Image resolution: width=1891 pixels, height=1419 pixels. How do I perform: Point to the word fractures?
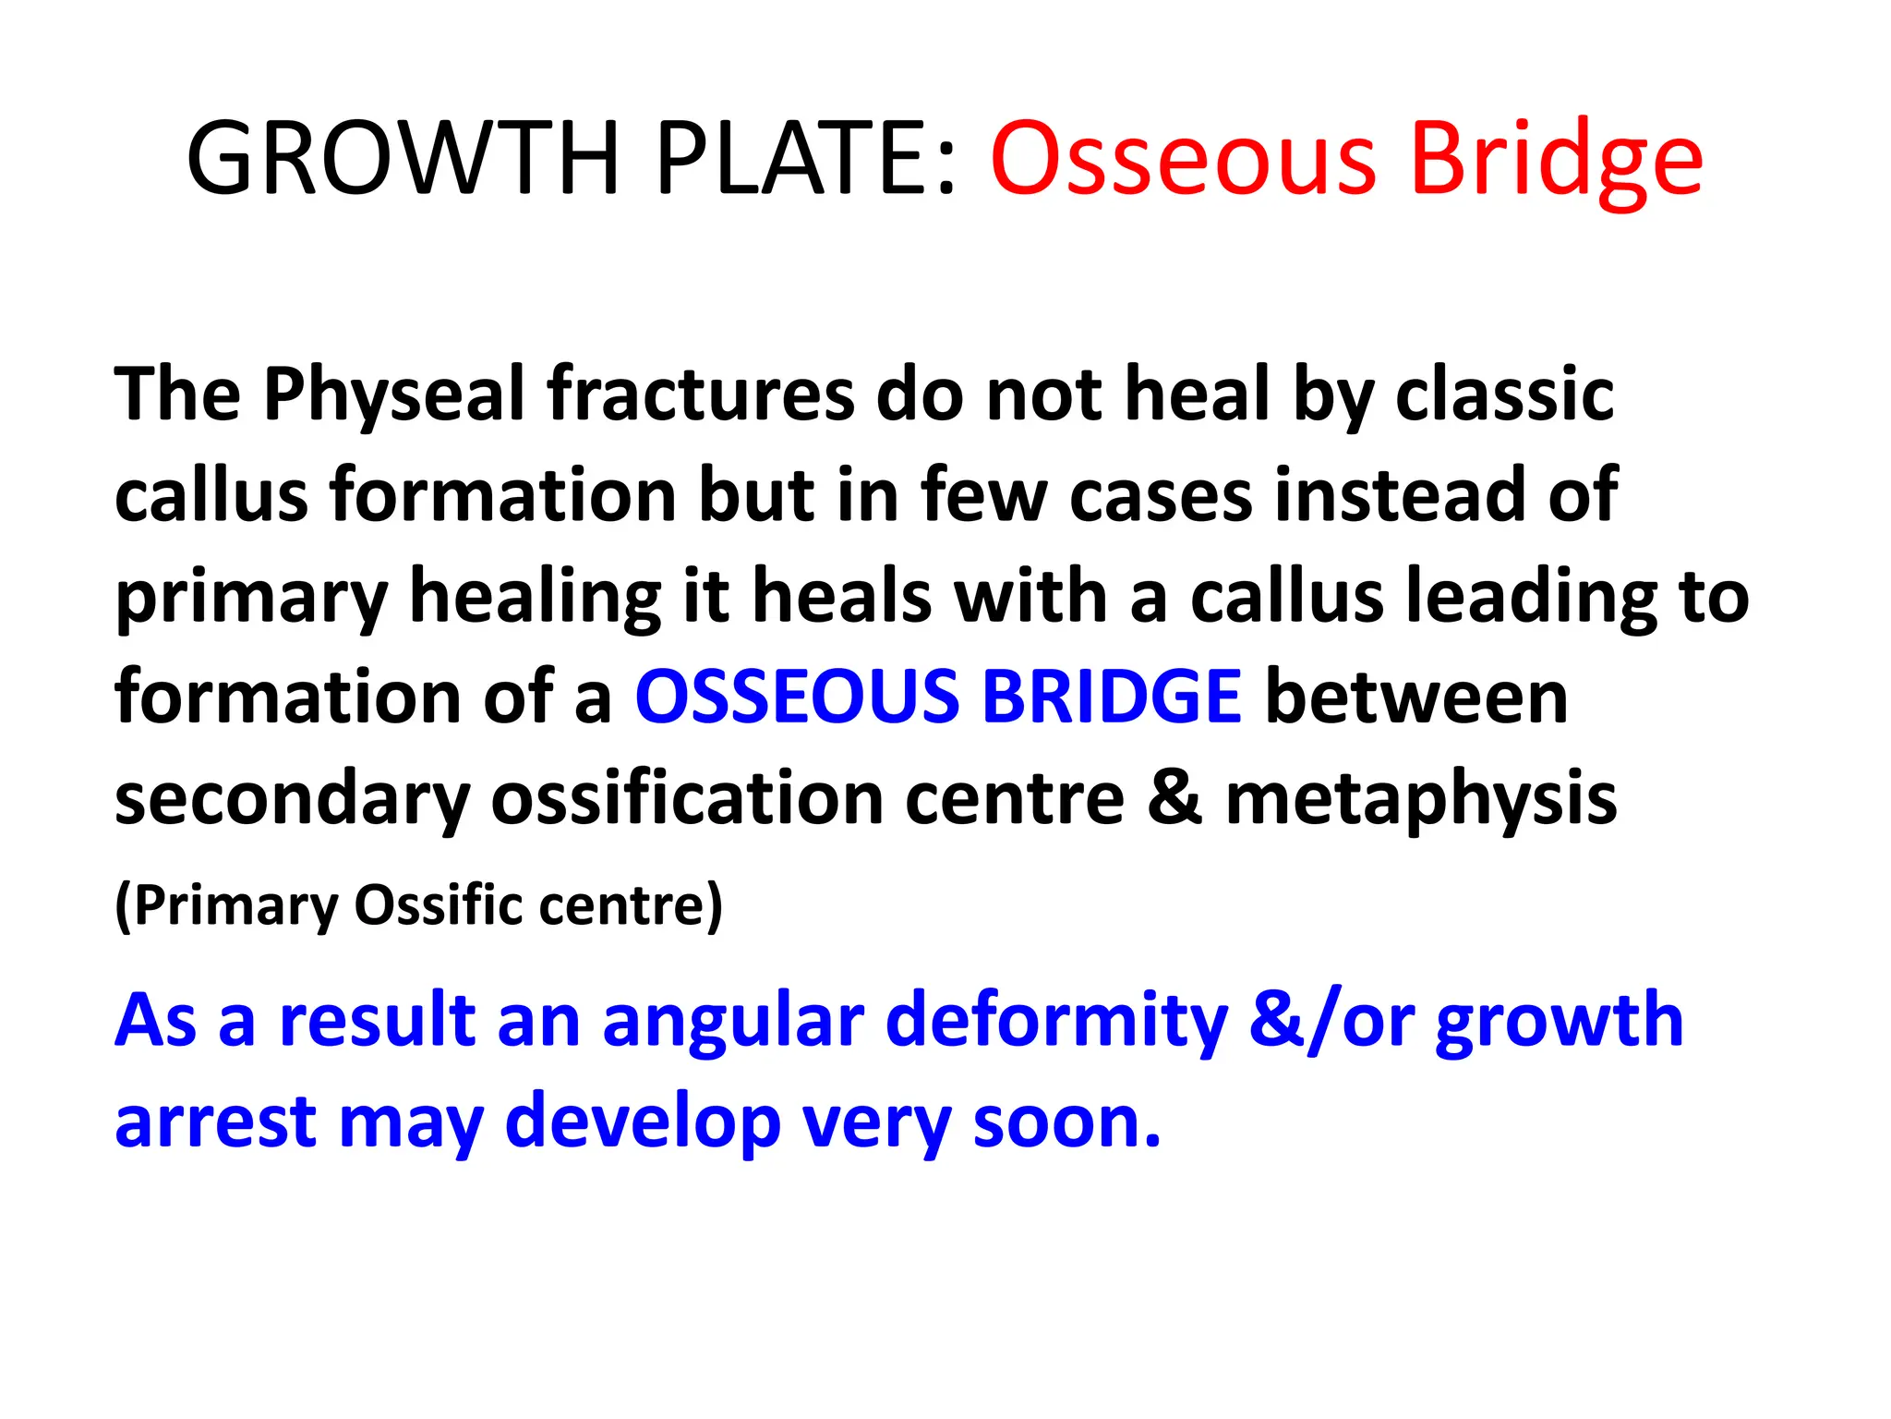[701, 395]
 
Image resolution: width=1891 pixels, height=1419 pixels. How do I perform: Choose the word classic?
[1504, 395]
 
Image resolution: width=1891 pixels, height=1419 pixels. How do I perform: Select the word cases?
[1162, 496]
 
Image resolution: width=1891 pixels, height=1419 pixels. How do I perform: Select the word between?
[1416, 697]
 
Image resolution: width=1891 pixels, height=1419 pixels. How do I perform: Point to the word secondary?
[292, 800]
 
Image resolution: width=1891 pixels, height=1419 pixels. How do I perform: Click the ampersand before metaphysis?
[1174, 798]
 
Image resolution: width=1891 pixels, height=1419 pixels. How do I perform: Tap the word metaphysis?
[1421, 800]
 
